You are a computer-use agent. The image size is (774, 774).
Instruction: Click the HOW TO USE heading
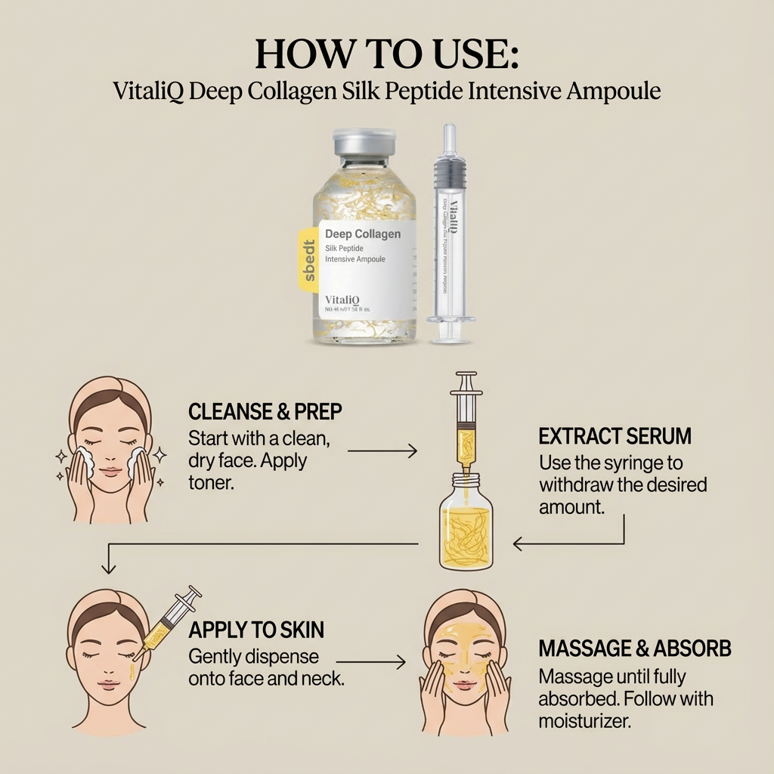point(386,54)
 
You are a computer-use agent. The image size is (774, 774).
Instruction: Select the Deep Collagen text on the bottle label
point(362,234)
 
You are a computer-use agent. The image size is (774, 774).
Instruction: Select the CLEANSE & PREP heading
point(265,412)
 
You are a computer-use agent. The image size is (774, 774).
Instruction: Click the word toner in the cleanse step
point(211,481)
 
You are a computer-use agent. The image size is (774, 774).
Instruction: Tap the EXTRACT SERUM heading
point(615,436)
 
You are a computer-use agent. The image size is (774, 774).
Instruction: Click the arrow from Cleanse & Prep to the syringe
point(382,451)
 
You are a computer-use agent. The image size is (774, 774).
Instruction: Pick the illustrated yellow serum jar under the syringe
point(466,525)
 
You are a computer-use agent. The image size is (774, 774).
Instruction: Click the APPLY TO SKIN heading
point(256,629)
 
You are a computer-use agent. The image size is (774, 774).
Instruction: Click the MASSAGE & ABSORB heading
point(634,649)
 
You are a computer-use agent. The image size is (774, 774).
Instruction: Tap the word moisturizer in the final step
point(584,721)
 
